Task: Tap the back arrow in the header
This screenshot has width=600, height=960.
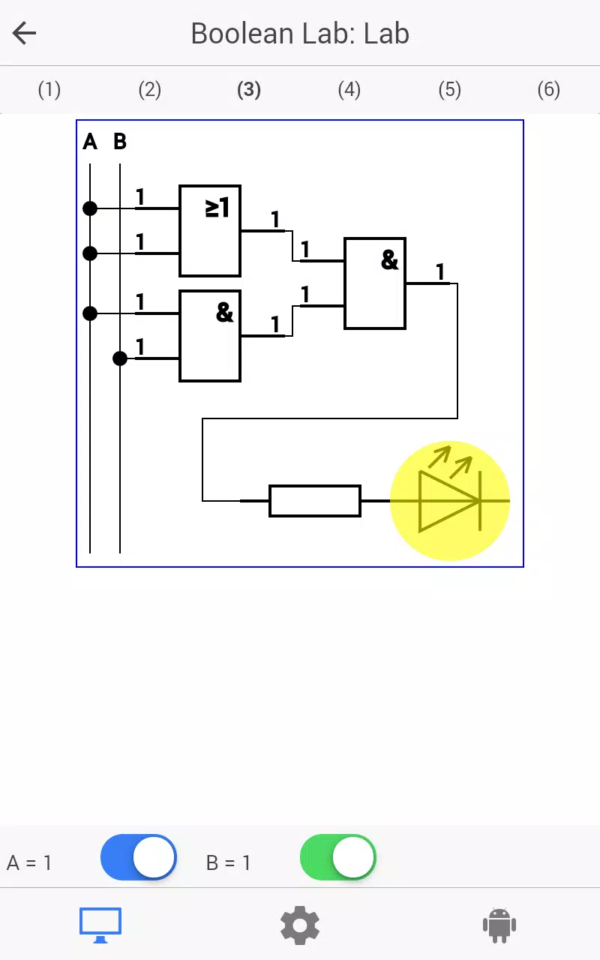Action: pos(25,33)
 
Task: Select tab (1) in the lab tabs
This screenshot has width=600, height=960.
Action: pos(49,90)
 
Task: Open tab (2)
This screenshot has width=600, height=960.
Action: pos(149,90)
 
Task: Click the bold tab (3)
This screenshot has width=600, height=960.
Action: pos(249,90)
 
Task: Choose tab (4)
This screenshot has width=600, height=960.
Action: pos(349,90)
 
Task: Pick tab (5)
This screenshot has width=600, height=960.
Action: pos(449,90)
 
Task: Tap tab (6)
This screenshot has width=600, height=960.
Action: pos(548,90)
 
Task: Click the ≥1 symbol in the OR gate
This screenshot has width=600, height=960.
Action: pos(217,208)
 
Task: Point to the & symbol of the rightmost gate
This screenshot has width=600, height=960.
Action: pos(389,259)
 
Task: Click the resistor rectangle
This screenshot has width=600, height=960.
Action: pos(315,500)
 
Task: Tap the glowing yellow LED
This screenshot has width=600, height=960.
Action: pos(450,500)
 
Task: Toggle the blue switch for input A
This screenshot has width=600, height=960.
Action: pos(139,857)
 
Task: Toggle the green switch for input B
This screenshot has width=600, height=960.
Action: pos(338,857)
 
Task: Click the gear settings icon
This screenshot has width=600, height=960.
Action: pos(300,925)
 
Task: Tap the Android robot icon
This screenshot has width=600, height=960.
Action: pos(499,925)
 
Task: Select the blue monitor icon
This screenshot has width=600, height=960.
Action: pos(100,925)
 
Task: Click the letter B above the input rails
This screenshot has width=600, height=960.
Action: pos(120,142)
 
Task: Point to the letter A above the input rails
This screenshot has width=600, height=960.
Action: pos(90,142)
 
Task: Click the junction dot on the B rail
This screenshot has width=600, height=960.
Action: pos(120,358)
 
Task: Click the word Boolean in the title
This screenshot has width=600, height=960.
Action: pos(242,34)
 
